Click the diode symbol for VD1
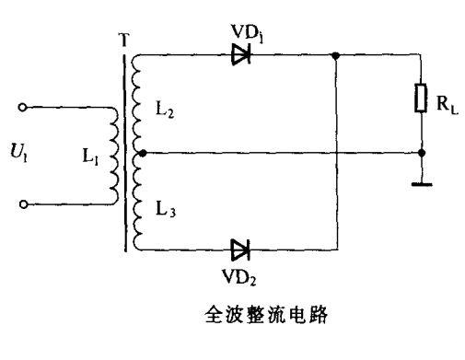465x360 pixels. [241, 55]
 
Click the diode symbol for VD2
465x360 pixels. [241, 248]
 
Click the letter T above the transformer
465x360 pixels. [124, 41]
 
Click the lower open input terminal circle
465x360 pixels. [26, 203]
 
